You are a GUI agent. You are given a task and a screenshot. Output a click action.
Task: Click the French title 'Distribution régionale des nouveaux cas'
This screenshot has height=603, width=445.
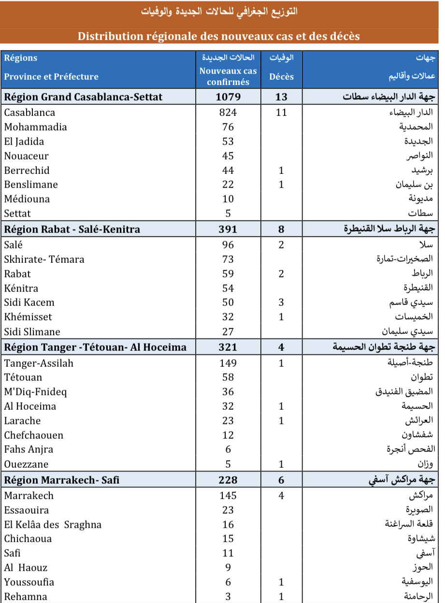pos(219,36)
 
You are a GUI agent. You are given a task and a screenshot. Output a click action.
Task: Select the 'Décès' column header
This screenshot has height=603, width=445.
pos(281,76)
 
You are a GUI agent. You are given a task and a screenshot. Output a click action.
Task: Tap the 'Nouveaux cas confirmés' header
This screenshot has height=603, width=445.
pos(228,76)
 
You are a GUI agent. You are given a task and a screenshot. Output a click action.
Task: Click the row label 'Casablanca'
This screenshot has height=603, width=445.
pos(29,113)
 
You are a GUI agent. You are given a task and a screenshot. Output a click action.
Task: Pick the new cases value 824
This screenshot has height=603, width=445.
pos(228,113)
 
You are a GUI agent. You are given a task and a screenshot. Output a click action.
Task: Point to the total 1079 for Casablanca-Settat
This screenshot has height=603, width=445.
pos(228,97)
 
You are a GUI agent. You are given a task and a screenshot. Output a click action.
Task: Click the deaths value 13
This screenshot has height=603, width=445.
pos(281,97)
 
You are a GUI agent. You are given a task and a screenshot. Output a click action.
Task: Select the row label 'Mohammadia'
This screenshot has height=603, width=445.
pos(35,127)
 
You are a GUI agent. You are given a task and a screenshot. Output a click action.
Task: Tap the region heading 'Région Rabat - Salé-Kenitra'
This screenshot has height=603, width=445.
pos(72,229)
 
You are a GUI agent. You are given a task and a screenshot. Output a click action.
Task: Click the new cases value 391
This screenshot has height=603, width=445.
pos(228,229)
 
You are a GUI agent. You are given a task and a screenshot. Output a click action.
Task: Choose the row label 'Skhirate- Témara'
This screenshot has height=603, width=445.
pos(44,259)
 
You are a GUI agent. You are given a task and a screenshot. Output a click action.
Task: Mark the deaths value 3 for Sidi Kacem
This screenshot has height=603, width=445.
pos(281,302)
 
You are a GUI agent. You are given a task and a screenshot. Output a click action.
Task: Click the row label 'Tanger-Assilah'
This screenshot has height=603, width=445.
pos(39,363)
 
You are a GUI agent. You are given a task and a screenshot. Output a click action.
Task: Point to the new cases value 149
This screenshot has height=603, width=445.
pos(228,363)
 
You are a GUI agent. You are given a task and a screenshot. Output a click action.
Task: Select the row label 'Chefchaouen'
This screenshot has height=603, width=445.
pos(34,435)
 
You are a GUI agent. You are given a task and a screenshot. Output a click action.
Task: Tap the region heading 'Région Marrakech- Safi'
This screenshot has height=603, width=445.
pos(61,480)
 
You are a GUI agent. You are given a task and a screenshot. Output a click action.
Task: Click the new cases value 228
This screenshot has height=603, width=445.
pos(228,480)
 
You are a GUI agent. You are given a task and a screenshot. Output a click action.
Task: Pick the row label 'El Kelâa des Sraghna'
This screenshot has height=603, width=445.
pos(53,524)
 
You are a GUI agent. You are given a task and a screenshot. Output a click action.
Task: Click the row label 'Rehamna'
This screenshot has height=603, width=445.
pos(26,596)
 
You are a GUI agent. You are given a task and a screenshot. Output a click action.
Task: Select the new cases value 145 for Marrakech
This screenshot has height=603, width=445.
pos(228,495)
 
